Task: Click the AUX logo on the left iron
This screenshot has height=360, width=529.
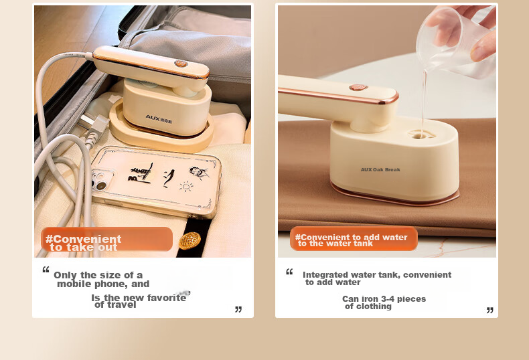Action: click(159, 119)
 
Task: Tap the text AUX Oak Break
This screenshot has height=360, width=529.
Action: click(380, 169)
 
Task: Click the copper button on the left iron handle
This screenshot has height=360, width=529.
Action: click(181, 64)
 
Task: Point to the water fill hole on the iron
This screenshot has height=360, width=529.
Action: click(422, 134)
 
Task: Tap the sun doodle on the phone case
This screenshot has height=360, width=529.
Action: click(186, 186)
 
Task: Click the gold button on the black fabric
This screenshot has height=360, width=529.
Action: click(190, 241)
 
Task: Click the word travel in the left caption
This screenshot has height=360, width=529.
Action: click(121, 304)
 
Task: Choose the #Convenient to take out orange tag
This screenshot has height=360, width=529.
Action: click(106, 239)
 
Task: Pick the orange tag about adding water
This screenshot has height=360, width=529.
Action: click(354, 238)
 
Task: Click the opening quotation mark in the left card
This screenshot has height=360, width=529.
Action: click(46, 269)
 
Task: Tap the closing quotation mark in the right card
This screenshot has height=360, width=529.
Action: click(490, 310)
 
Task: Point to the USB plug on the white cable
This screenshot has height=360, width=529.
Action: click(93, 127)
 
